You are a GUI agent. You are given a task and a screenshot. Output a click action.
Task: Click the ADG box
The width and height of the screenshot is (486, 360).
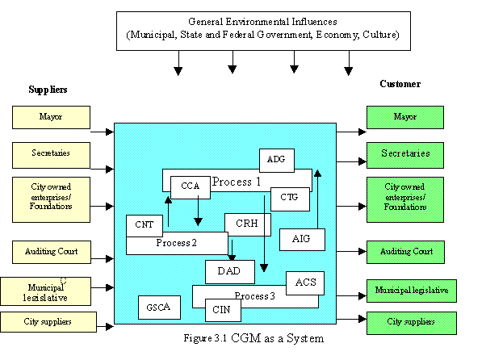277,160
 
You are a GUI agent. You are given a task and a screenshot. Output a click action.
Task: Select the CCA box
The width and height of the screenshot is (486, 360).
191,186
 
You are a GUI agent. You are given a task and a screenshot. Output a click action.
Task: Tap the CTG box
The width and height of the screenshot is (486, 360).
290,197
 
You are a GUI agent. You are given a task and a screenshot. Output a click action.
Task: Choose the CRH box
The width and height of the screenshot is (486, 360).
246,224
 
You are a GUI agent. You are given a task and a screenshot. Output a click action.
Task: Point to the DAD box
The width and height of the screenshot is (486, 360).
229,271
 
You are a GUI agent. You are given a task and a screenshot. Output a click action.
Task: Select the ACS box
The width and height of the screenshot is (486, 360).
305,282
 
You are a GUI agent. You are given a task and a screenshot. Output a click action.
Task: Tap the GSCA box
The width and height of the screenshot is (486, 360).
159,308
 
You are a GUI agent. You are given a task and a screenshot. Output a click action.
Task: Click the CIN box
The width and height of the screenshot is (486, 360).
221,308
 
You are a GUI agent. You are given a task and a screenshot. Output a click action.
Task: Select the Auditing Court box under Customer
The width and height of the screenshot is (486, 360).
406,252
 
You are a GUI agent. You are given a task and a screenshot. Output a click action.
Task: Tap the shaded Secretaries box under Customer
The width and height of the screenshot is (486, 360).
406,153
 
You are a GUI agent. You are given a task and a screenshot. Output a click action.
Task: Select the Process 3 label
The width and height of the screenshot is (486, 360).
254,295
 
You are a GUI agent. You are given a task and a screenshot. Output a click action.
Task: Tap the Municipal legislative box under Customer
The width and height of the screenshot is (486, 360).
412,289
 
